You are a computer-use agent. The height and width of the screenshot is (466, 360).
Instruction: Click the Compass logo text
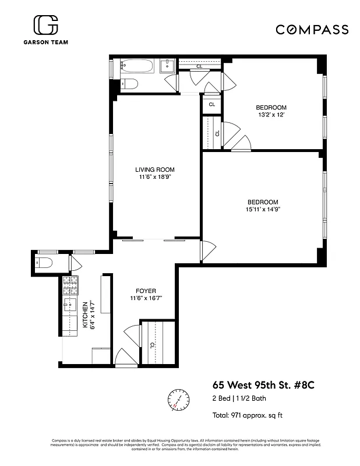[312, 30]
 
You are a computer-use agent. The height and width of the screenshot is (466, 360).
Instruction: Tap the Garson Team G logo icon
[45, 26]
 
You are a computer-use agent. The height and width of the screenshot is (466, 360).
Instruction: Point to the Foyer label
[146, 290]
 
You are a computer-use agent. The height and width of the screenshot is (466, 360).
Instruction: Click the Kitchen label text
[85, 315]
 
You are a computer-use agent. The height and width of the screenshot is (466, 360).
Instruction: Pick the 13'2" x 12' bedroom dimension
[271, 115]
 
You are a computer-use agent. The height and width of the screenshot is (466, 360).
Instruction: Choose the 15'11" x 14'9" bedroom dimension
[263, 210]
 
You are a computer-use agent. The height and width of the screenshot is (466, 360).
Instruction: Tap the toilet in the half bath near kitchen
[45, 263]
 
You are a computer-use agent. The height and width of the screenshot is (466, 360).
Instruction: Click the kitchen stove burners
[70, 285]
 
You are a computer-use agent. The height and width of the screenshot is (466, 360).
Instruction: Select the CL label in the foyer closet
[153, 345]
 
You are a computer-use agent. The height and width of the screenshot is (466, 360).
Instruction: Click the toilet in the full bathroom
[129, 84]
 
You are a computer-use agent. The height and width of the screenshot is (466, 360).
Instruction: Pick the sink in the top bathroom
[167, 65]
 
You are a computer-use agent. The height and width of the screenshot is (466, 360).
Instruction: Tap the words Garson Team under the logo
[45, 43]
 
